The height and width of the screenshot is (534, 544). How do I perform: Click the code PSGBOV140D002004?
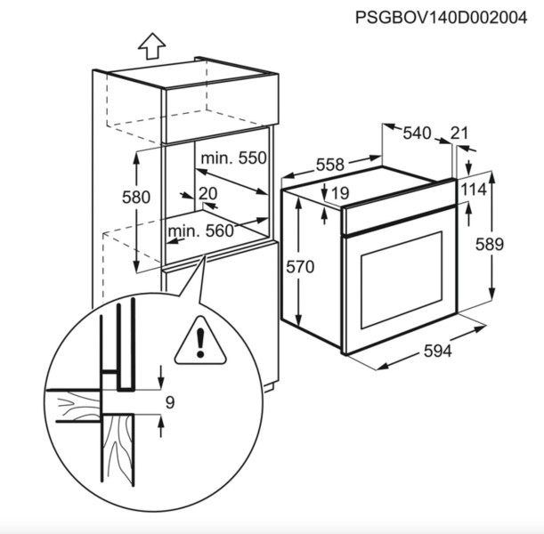click(x=442, y=17)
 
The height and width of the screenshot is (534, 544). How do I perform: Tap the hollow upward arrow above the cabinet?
click(x=151, y=46)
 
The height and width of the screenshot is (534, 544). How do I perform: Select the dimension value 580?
click(x=136, y=198)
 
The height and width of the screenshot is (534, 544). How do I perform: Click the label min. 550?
click(x=233, y=158)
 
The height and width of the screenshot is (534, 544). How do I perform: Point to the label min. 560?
click(x=201, y=231)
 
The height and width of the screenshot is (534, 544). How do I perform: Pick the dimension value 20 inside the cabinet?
click(x=207, y=193)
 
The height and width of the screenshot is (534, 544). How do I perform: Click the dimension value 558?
click(x=330, y=165)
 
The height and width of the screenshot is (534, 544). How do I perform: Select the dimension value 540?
click(x=417, y=133)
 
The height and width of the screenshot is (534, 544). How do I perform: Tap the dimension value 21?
click(x=459, y=133)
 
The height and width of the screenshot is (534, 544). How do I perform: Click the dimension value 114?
click(x=474, y=190)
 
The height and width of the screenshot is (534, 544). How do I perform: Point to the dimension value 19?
click(x=340, y=193)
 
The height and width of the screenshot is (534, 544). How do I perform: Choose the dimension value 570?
click(x=300, y=267)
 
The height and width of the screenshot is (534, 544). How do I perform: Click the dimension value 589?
click(x=489, y=245)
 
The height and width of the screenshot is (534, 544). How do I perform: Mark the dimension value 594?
click(x=438, y=352)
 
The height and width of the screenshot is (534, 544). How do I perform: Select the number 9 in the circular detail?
click(x=170, y=402)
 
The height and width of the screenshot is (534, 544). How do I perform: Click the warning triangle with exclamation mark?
click(x=200, y=341)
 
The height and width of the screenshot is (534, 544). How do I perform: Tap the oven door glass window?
click(x=402, y=280)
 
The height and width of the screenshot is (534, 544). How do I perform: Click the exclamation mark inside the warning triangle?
click(x=200, y=343)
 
